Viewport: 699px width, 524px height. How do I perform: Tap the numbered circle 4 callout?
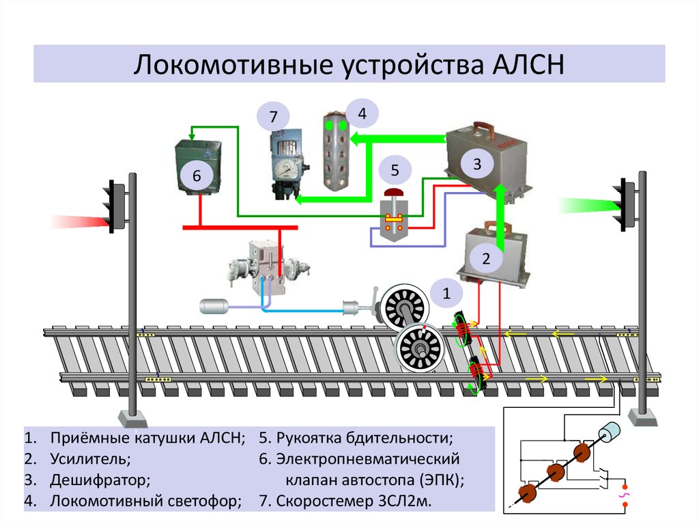[x=362, y=114]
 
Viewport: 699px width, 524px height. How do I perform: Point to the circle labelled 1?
[x=446, y=294]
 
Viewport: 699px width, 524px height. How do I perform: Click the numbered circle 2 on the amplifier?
[x=486, y=259]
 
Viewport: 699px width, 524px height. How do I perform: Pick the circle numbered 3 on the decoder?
[x=477, y=164]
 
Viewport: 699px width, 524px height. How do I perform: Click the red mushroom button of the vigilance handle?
[x=394, y=195]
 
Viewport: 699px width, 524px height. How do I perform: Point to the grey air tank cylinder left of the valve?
[x=217, y=306]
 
